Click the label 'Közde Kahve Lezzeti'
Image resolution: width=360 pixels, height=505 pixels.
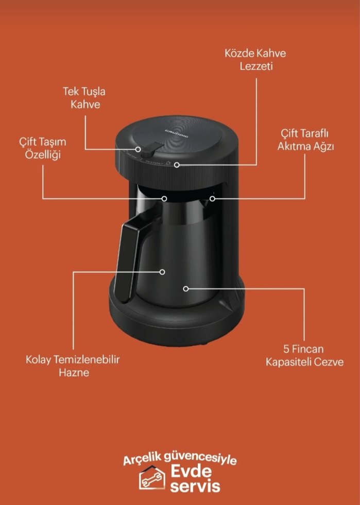(255, 60)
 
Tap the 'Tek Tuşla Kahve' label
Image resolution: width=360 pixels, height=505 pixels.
(84, 98)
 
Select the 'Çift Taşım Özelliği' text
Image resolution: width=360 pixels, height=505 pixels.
(43, 148)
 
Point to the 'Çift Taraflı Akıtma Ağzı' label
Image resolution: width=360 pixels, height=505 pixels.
(305, 140)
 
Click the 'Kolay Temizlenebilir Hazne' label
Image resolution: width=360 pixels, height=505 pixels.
(73, 365)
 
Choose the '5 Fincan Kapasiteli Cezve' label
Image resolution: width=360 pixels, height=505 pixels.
(304, 355)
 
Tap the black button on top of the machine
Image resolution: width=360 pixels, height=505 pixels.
(150, 148)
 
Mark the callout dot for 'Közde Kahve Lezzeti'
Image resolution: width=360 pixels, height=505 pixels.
(177, 165)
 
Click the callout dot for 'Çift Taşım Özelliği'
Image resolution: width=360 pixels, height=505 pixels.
(164, 198)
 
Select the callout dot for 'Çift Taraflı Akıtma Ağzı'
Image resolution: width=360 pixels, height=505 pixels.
(212, 198)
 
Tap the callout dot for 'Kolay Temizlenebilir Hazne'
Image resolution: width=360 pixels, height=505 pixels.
(162, 272)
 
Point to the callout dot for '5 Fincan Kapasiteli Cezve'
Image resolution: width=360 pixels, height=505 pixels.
(185, 289)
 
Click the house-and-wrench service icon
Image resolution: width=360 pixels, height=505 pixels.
(152, 478)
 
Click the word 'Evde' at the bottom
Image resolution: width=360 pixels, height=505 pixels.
(191, 472)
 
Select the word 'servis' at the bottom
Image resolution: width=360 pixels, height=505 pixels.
(195, 486)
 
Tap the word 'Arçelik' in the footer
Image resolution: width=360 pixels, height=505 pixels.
(142, 460)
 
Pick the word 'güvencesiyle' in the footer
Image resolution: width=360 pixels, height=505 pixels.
(200, 459)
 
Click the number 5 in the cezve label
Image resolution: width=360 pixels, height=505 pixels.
(286, 349)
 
